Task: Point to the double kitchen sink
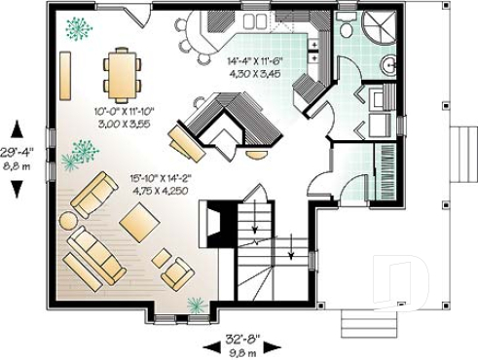coord(256,20)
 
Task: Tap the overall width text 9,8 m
coord(242,352)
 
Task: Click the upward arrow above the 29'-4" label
coord(17,127)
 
